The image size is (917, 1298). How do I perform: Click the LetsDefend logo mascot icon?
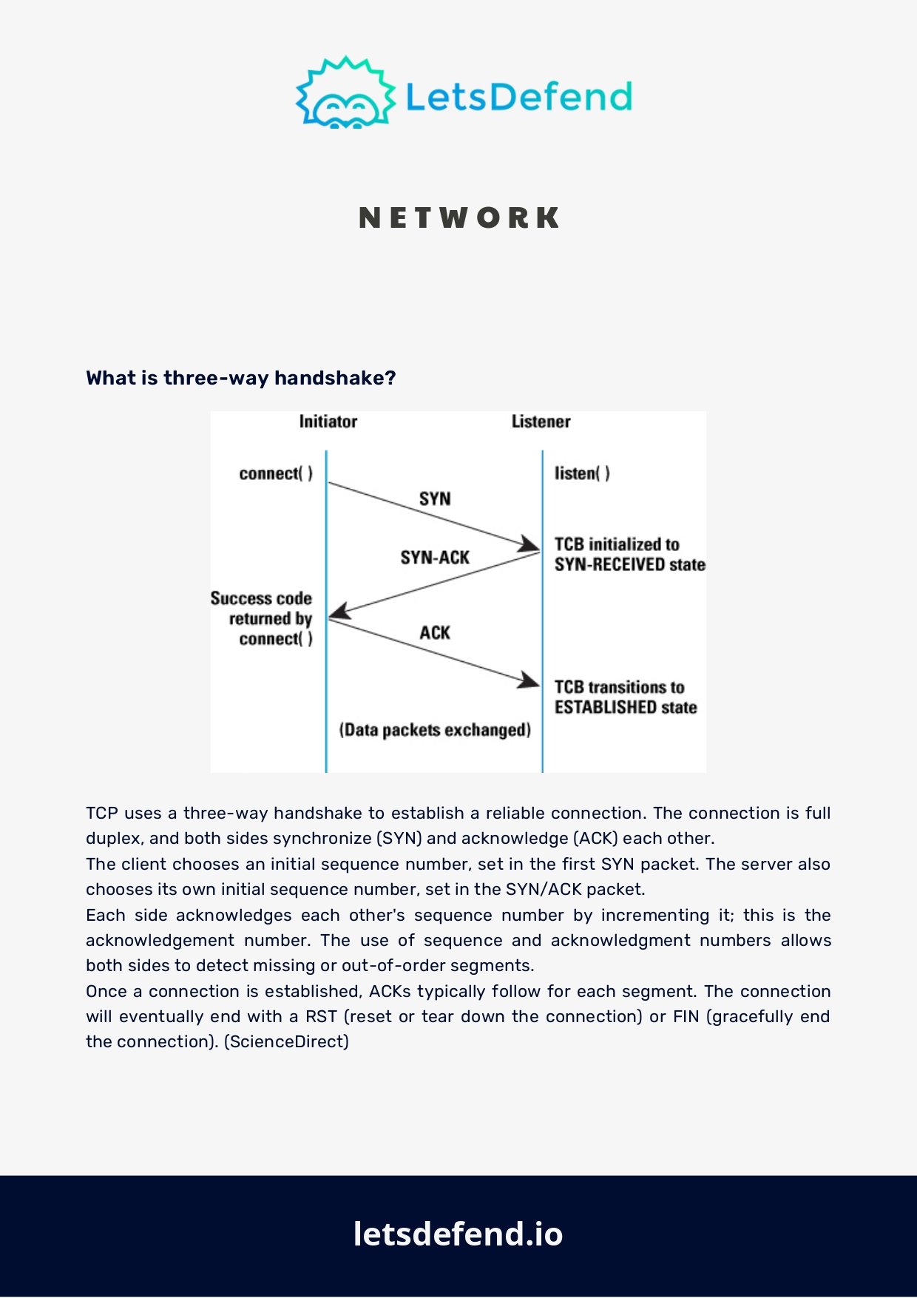coord(345,92)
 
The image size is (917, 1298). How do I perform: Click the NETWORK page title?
coord(459,218)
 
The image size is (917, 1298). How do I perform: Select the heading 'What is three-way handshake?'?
coord(241,378)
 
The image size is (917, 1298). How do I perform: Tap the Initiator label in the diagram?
coord(328,422)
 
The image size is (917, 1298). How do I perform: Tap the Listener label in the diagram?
coord(541,422)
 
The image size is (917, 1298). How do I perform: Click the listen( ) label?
coord(582,473)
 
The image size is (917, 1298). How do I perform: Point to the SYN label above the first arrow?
coord(435,499)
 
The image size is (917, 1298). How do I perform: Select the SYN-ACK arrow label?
coord(435,558)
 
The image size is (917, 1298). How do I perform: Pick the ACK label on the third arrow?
coord(435,633)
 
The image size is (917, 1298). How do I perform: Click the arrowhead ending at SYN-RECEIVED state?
coord(529,545)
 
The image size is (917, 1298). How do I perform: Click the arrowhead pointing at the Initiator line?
coord(339,611)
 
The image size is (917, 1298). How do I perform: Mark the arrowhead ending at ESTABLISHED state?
coord(529,680)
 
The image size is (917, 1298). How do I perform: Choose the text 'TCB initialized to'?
coord(617,544)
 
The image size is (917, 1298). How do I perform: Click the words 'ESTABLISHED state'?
coord(626,708)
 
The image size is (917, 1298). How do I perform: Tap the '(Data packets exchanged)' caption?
coord(435,731)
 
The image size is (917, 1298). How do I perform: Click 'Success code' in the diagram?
coord(261,598)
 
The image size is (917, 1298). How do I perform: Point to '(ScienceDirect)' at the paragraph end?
coord(286,1041)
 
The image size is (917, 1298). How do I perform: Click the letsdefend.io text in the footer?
coord(458,1234)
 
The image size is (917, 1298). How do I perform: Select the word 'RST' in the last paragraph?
coord(321,1016)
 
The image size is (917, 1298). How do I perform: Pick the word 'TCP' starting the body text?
coord(102,813)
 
